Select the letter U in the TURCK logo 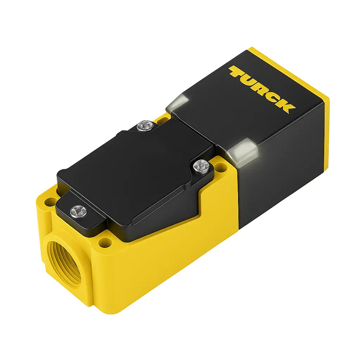(x=249, y=80)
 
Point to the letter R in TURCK (x=262, y=88)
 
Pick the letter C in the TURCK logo (x=275, y=97)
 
